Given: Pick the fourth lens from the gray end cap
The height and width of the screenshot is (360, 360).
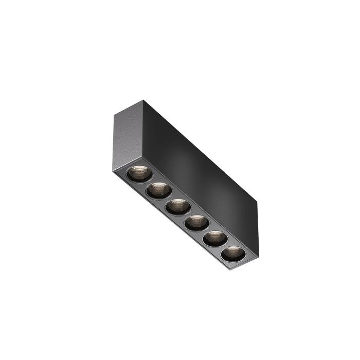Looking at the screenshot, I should [x=195, y=222].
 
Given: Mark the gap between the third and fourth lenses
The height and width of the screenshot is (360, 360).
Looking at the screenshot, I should [x=185, y=214].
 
